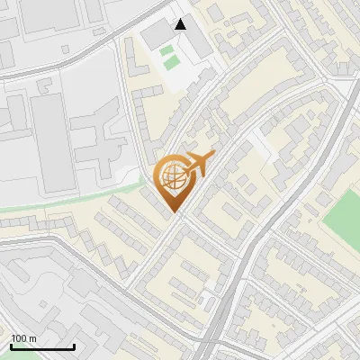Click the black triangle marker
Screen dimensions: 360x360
(181, 24)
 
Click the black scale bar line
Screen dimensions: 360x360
(42, 346)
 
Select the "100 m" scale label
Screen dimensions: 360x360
(24, 338)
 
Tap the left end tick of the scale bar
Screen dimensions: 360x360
(11, 345)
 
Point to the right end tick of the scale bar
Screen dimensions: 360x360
(74, 345)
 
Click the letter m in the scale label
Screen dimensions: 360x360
(32, 338)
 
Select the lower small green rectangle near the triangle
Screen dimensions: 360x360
(167, 64)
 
